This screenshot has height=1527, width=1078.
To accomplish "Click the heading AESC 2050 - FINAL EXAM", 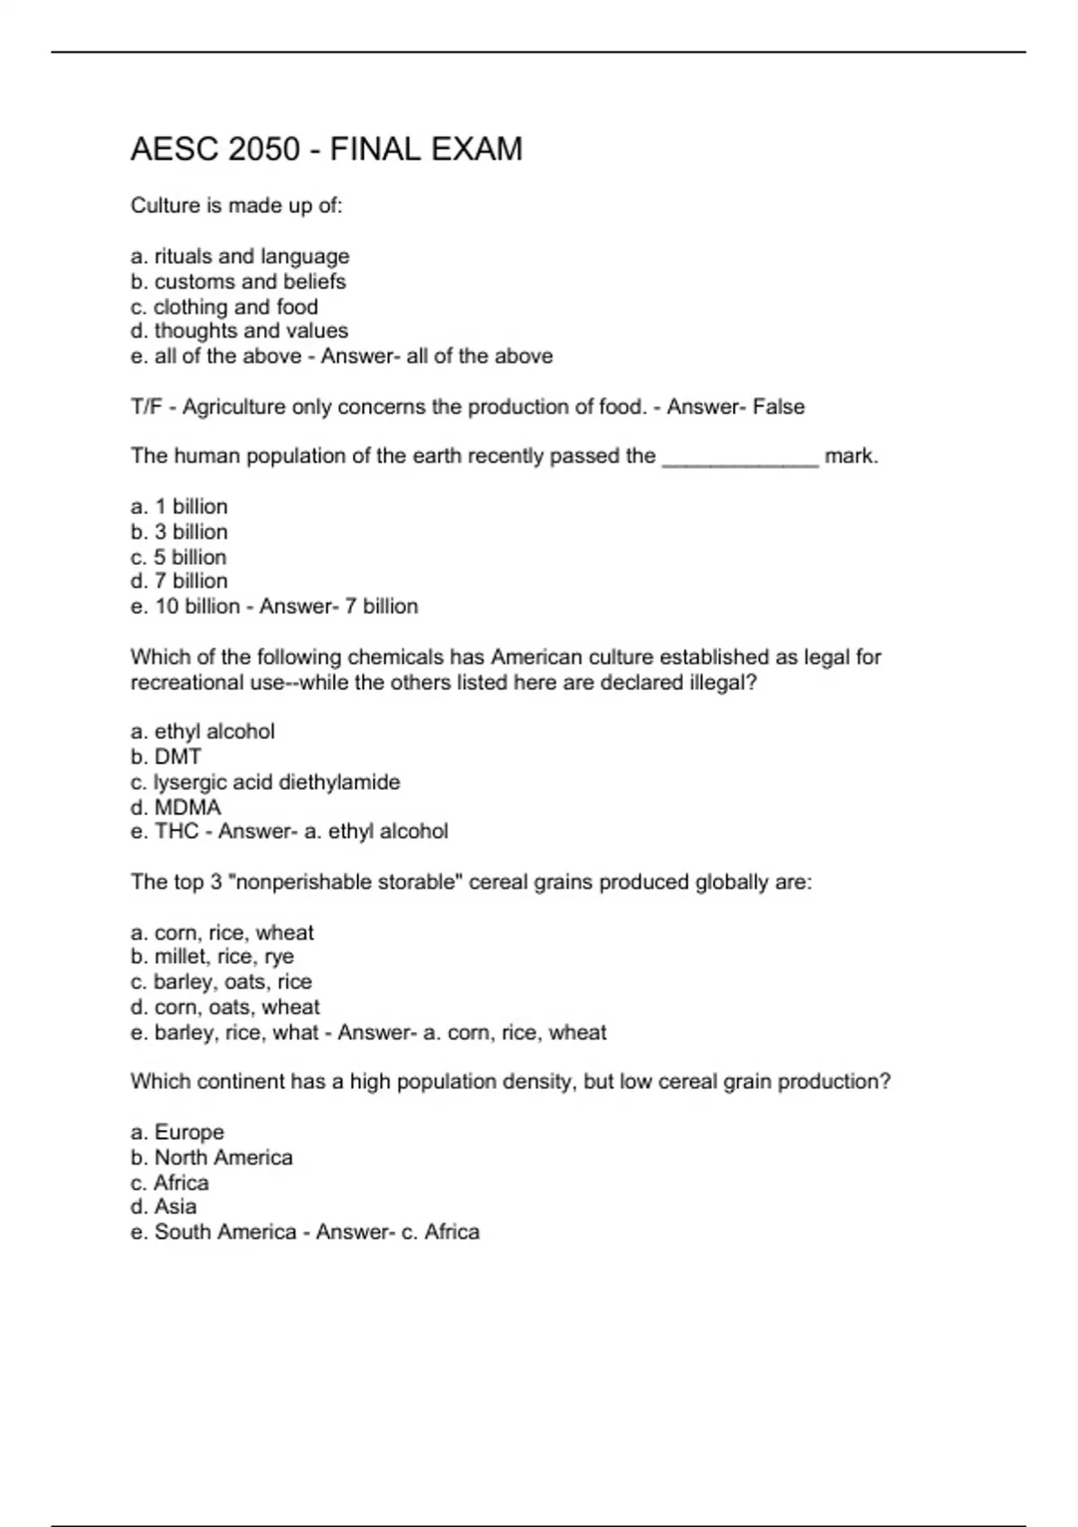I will coord(326,149).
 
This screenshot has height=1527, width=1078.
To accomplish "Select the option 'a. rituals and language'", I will coord(240,257).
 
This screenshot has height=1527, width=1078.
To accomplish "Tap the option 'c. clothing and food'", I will coord(224,307).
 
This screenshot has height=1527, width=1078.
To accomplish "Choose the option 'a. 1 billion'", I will coord(179,507).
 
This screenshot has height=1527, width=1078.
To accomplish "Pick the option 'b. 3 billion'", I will coord(179,532).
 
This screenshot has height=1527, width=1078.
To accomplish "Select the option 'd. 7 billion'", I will coord(179,581).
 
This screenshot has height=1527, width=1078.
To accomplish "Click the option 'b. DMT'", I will coord(166,757).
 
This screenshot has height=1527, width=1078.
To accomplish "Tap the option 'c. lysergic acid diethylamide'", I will coord(265,782).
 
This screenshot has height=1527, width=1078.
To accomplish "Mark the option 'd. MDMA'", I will coord(175,808).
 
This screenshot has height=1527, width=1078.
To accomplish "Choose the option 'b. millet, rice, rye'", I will coord(212,957).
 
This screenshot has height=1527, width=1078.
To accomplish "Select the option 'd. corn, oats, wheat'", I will coord(225,1007).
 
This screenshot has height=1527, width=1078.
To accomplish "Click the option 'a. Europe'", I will coord(177,1133).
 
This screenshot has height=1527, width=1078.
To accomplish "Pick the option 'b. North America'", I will coord(211,1158).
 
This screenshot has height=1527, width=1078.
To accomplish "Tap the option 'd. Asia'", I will coord(163,1207).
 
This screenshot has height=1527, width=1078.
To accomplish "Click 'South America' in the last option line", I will coord(225,1232).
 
